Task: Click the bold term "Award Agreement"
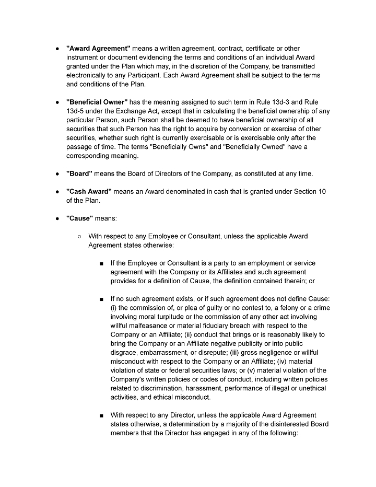click(98, 49)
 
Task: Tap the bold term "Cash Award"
click(89, 191)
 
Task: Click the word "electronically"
click(88, 75)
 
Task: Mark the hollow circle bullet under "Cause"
click(79, 236)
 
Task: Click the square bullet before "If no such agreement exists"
click(101, 299)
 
